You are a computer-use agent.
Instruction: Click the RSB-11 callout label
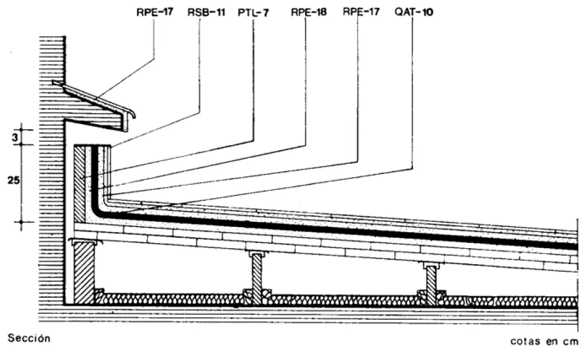[207, 12]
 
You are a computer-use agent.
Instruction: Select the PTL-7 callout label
[254, 12]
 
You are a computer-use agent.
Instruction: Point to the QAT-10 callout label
[414, 12]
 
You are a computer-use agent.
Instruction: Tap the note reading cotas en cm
[545, 341]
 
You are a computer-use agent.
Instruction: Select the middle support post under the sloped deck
[258, 276]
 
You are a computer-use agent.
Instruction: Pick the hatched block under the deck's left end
[83, 272]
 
